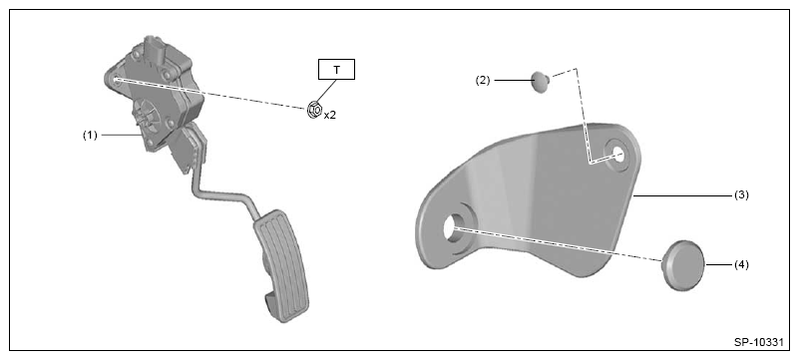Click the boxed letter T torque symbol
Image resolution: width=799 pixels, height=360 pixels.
point(336,70)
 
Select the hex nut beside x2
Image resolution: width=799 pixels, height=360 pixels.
point(314,109)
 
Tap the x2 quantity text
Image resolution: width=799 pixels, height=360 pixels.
point(330,115)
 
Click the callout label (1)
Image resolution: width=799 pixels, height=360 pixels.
point(90,136)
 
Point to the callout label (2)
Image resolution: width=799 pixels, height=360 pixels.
point(483,81)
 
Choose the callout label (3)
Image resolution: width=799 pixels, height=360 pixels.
point(741,194)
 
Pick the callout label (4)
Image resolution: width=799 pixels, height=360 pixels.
point(741,265)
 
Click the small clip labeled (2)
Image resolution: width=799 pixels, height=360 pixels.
point(542,82)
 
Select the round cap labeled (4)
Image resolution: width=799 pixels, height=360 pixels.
point(683,265)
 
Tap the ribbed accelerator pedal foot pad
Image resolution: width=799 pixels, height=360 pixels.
point(280,265)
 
